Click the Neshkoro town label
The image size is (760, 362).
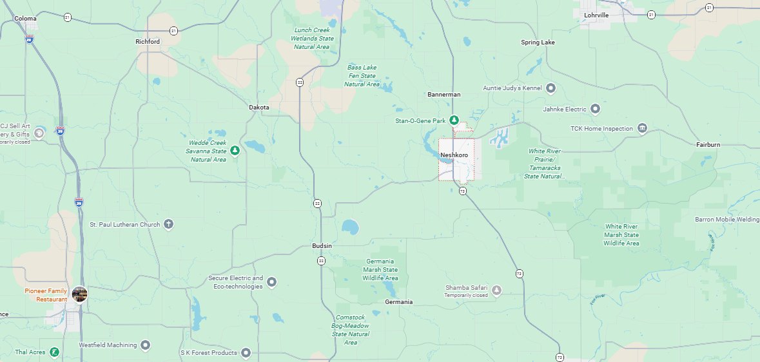454,155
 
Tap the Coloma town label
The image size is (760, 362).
26,19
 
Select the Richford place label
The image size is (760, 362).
148,41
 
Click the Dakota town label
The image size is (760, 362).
259,108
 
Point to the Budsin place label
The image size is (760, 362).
322,246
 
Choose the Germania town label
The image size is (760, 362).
398,301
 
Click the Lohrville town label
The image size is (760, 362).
596,15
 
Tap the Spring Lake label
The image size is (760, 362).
538,43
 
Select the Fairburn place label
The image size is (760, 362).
708,145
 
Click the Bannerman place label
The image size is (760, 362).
444,95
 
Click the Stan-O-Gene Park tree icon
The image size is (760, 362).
454,120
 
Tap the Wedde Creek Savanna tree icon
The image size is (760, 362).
235,151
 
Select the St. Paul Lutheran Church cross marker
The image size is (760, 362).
168,224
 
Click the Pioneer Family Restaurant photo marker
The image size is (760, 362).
80,294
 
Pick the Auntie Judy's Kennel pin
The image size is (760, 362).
551,88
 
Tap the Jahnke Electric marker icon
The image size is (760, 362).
595,109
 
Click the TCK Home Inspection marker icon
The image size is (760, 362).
642,128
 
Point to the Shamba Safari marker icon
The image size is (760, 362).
496,291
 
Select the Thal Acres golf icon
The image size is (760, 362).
55,352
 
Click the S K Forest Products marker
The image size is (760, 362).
246,352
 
